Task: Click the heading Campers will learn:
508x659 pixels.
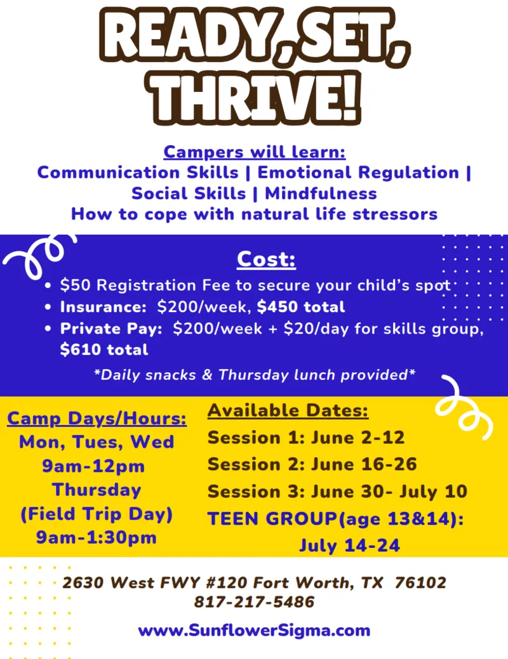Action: [x=254, y=152]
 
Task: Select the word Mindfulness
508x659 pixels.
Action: [x=321, y=193]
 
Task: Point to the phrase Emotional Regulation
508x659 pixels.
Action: [x=358, y=173]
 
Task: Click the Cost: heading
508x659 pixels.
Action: [x=267, y=259]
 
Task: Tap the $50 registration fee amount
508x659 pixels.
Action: [x=71, y=285]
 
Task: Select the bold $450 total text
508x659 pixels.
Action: [x=301, y=307]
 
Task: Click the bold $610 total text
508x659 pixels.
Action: [x=104, y=349]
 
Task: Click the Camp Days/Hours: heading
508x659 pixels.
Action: [x=97, y=419]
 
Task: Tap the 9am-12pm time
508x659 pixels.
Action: [x=93, y=466]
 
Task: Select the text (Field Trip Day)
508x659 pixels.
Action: [x=97, y=514]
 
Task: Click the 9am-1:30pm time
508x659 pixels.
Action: [x=97, y=538]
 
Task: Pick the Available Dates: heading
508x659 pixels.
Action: [x=288, y=411]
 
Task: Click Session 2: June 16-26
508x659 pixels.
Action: [x=312, y=464]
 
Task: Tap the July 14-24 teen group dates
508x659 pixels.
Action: [x=349, y=545]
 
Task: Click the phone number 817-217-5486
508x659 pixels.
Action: [x=254, y=602]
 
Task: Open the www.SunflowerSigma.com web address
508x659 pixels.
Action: [x=254, y=630]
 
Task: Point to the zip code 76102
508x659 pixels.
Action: [x=420, y=582]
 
